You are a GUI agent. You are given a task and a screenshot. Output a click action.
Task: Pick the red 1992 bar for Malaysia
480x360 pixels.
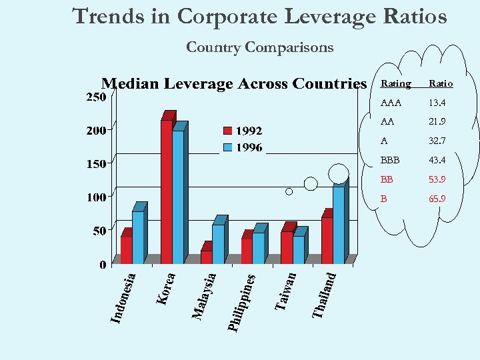pyautogui.click(x=206, y=257)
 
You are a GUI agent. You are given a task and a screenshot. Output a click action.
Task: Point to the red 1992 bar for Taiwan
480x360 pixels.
pyautogui.click(x=286, y=247)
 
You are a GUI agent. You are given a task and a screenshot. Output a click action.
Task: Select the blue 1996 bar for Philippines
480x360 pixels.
pyautogui.click(x=258, y=248)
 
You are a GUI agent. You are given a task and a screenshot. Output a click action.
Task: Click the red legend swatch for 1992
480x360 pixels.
pyautogui.click(x=228, y=131)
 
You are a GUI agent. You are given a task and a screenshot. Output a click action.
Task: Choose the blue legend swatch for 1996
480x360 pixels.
pyautogui.click(x=228, y=147)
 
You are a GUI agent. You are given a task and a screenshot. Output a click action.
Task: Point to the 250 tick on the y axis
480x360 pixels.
pyautogui.click(x=97, y=97)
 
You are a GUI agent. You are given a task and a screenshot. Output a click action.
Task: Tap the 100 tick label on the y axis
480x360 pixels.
pyautogui.click(x=97, y=197)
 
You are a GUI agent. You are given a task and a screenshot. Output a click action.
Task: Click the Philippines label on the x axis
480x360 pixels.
pyautogui.click(x=241, y=301)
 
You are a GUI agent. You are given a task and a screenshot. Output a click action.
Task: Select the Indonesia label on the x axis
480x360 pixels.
pyautogui.click(x=123, y=297)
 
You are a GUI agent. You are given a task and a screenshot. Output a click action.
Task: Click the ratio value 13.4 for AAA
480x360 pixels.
pyautogui.click(x=437, y=103)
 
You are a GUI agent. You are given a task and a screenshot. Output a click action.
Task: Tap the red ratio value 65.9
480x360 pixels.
pyautogui.click(x=437, y=199)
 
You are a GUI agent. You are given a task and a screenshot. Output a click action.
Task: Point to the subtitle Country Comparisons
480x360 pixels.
pyautogui.click(x=259, y=47)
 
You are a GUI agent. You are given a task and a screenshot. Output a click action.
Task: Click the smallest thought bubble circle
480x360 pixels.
pyautogui.click(x=289, y=191)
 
